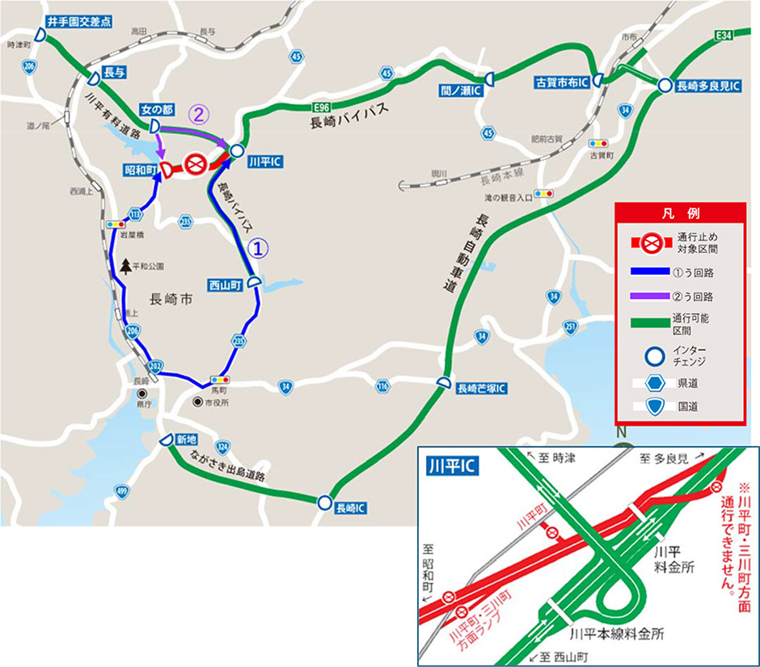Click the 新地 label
185,440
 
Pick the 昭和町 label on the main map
140,169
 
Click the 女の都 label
156,108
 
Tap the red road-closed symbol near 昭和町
195,166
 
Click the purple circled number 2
199,115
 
